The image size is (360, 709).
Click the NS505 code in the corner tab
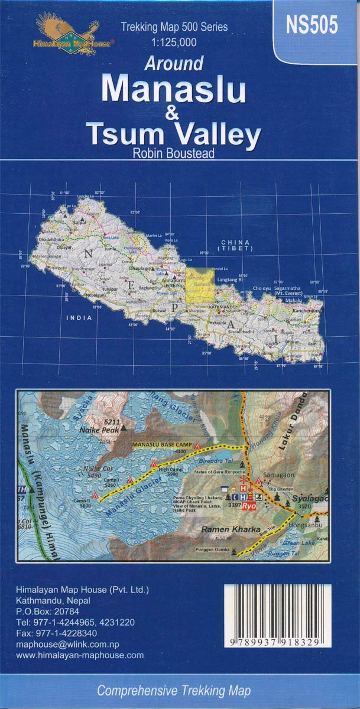[x=312, y=26]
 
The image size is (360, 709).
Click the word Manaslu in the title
[x=173, y=89]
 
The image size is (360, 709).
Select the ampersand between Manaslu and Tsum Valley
[x=173, y=115]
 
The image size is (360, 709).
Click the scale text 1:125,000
[x=173, y=42]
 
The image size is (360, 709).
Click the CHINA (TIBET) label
[x=235, y=246]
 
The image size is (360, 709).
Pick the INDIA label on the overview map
[x=80, y=317]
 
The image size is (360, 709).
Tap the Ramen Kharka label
[x=230, y=529]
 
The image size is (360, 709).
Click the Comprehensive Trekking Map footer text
[x=173, y=690]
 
